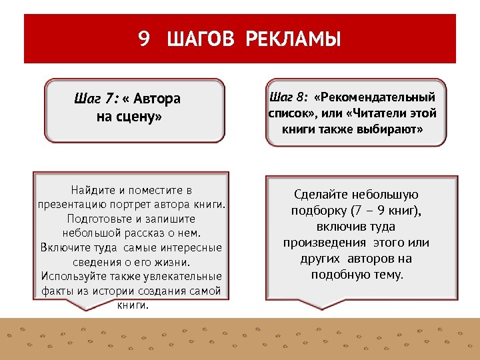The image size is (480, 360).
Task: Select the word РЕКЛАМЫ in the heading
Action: (293, 39)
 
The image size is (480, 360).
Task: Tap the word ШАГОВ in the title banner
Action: (201, 39)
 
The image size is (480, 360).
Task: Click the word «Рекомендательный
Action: (375, 97)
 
